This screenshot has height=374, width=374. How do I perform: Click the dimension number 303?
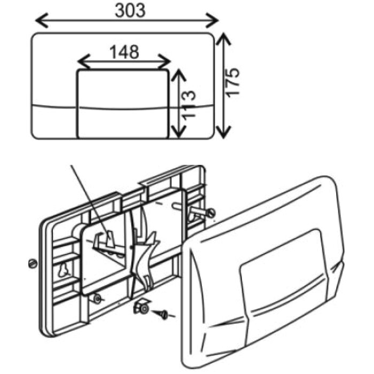(130, 11)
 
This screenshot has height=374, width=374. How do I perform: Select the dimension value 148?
(124, 52)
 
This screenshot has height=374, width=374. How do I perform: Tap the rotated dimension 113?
(189, 104)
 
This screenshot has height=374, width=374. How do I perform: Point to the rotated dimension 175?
(232, 82)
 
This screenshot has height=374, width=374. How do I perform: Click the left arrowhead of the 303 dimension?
(41, 20)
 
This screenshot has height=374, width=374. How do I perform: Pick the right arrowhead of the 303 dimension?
(212, 20)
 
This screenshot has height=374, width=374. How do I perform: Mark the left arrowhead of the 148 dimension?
(83, 62)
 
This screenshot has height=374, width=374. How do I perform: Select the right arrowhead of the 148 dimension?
(165, 62)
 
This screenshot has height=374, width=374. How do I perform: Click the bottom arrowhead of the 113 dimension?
(178, 132)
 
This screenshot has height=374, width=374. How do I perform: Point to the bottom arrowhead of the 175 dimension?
(223, 132)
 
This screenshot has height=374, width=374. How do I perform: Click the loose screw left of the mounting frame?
(33, 263)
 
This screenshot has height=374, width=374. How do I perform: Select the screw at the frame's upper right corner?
(211, 213)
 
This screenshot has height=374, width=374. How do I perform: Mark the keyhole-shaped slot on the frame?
(63, 270)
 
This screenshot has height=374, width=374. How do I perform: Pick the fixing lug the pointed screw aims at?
(143, 308)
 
